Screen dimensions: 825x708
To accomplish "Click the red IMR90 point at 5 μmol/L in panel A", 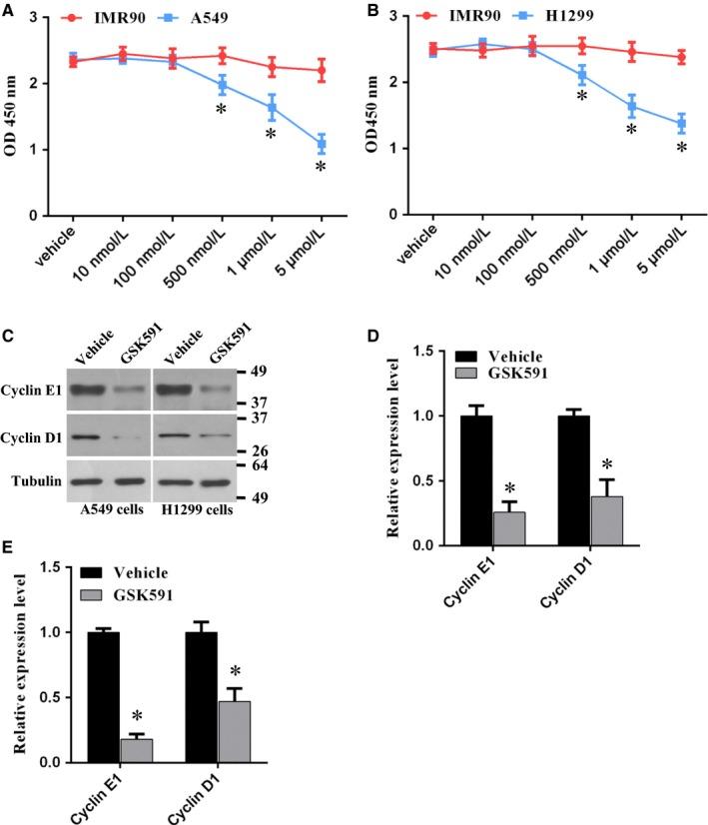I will click(322, 70).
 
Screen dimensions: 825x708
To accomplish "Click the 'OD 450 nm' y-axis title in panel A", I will click(15, 115).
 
